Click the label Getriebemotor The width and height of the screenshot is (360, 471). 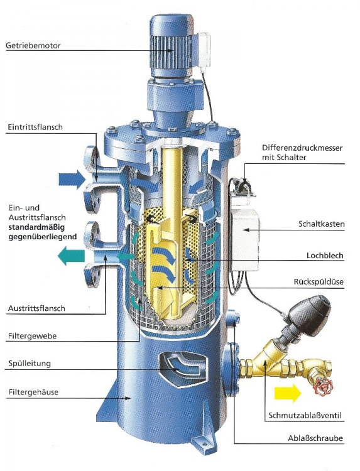click(33, 46)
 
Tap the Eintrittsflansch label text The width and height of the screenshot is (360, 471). click(35, 127)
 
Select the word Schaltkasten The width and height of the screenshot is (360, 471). click(321, 224)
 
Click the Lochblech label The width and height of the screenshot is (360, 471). click(325, 256)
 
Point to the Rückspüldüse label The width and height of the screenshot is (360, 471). click(319, 282)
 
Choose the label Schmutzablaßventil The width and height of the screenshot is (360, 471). click(305, 416)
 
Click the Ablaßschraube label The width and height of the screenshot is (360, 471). click(315, 438)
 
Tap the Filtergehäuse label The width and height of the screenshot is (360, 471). click(33, 392)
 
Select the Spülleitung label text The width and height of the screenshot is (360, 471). click(30, 364)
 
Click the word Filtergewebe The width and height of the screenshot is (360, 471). click(32, 336)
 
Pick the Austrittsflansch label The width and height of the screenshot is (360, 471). click(36, 308)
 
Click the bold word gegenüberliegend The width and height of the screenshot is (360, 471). click(42, 237)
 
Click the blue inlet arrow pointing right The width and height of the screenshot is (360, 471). click(72, 180)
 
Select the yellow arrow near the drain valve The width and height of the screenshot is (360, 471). click(288, 393)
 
